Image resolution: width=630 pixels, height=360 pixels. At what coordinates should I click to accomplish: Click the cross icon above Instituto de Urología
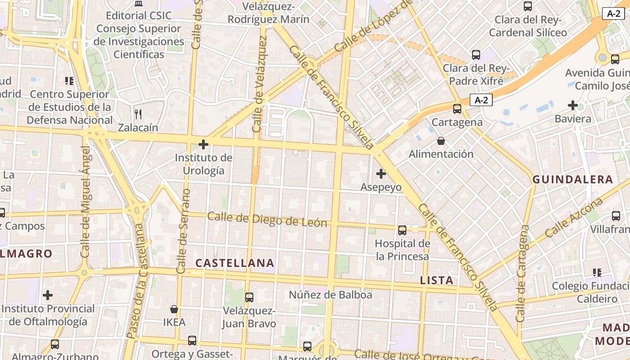pyautogui.click(x=203, y=144)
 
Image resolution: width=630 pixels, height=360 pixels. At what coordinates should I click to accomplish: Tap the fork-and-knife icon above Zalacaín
pyautogui.click(x=138, y=114)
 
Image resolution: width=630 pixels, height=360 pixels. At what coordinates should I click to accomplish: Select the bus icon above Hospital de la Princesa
pyautogui.click(x=402, y=230)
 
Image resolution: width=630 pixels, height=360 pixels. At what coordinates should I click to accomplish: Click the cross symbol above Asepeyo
pyautogui.click(x=381, y=174)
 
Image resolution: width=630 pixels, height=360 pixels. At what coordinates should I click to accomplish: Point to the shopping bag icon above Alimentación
pyautogui.click(x=441, y=141)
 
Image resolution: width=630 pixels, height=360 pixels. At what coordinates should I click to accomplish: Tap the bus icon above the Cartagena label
pyautogui.click(x=457, y=109)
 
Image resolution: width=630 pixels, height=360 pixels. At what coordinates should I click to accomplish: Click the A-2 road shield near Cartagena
pyautogui.click(x=481, y=100)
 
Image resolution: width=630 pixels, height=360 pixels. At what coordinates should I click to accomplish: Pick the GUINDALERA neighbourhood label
pyautogui.click(x=573, y=180)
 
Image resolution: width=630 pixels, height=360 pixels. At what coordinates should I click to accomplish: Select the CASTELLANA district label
pyautogui.click(x=235, y=263)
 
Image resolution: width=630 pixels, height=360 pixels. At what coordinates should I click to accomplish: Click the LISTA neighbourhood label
pyautogui.click(x=436, y=280)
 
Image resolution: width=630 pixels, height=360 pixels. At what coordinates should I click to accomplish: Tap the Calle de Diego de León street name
pyautogui.click(x=267, y=220)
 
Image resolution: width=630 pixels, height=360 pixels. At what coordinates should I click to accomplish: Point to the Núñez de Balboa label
pyautogui.click(x=331, y=295)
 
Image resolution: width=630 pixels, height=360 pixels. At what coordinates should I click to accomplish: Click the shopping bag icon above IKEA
pyautogui.click(x=174, y=310)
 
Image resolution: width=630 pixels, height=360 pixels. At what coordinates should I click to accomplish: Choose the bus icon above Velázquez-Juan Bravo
pyautogui.click(x=249, y=297)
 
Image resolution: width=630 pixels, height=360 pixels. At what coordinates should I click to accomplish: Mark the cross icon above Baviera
pyautogui.click(x=573, y=106)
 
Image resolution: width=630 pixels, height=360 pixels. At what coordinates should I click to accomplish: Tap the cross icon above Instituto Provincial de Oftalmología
pyautogui.click(x=48, y=296)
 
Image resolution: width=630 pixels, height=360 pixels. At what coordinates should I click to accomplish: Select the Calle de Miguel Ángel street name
pyautogui.click(x=85, y=202)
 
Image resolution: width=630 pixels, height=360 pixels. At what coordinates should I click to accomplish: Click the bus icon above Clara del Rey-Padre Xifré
pyautogui.click(x=476, y=55)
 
